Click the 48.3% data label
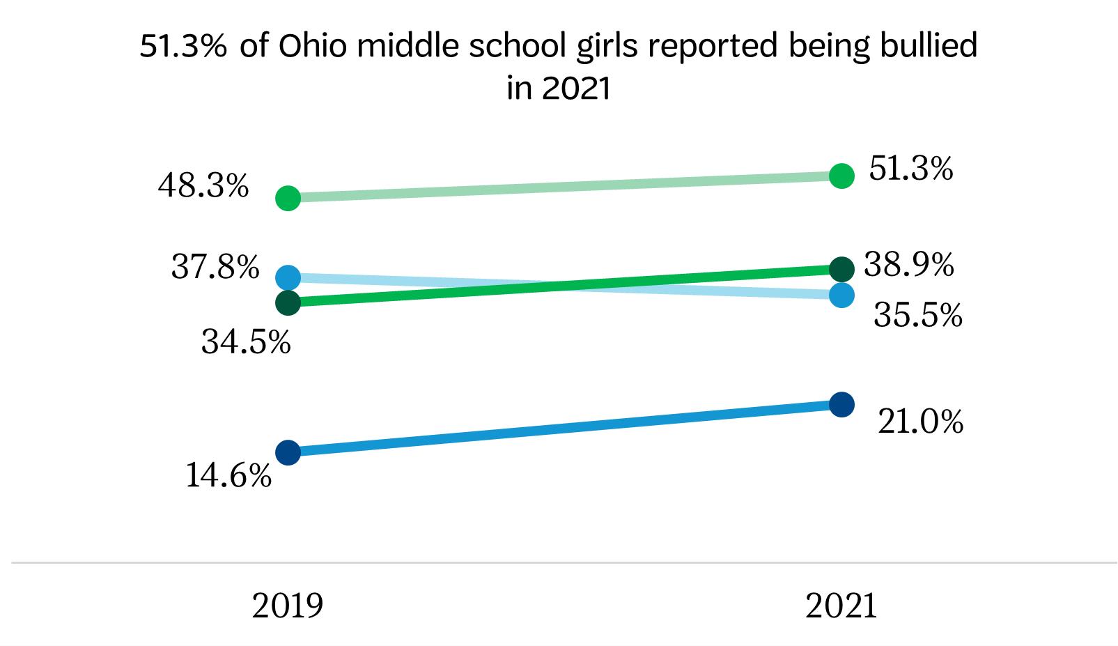click(203, 186)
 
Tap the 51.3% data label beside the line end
click(910, 169)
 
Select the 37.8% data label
click(215, 267)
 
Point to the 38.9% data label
click(908, 265)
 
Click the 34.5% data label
click(246, 341)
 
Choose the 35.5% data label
click(917, 315)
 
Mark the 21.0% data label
click(920, 422)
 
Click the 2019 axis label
click(288, 606)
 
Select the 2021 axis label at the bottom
click(841, 606)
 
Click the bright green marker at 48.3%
click(288, 199)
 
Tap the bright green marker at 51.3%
click(842, 176)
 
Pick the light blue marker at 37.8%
click(288, 277)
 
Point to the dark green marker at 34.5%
click(288, 302)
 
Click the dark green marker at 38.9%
click(842, 268)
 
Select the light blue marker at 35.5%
click(842, 295)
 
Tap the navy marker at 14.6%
click(288, 452)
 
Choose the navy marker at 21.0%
click(842, 404)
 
